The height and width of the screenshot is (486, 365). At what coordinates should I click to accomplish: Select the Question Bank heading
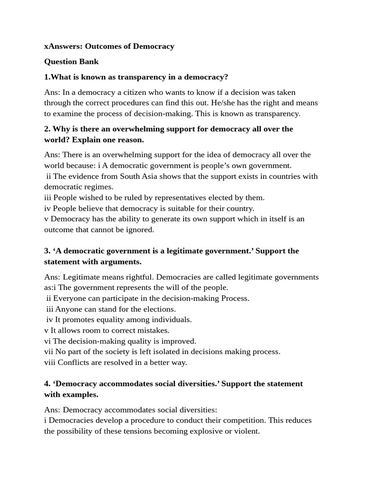(71, 62)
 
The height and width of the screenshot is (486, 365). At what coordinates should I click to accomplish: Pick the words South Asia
(138, 177)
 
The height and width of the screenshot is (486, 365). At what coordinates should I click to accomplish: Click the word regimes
(100, 187)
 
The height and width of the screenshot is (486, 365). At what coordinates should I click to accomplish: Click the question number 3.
(47, 251)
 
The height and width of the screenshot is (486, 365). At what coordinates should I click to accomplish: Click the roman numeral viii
(50, 363)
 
